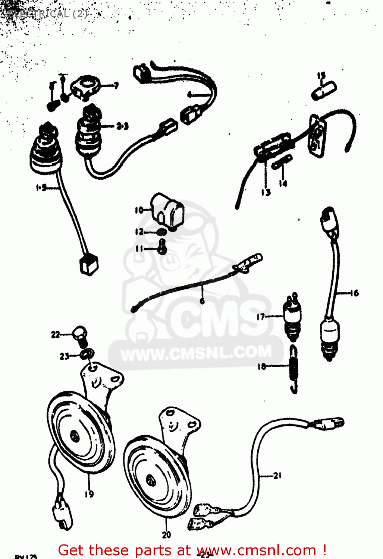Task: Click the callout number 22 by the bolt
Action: (55, 335)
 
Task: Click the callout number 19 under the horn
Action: (89, 494)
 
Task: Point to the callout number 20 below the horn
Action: (166, 535)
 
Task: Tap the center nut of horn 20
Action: (150, 479)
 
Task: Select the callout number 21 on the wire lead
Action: (277, 476)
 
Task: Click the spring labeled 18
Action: (294, 369)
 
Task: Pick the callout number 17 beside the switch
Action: (261, 317)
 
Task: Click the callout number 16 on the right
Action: (354, 293)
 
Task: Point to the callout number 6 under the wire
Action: (202, 300)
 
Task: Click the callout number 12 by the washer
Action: (139, 232)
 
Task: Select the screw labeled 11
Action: (161, 247)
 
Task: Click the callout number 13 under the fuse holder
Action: (266, 192)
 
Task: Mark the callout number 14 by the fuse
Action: (283, 183)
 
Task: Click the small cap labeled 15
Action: (324, 91)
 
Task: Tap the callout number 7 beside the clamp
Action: (116, 86)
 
